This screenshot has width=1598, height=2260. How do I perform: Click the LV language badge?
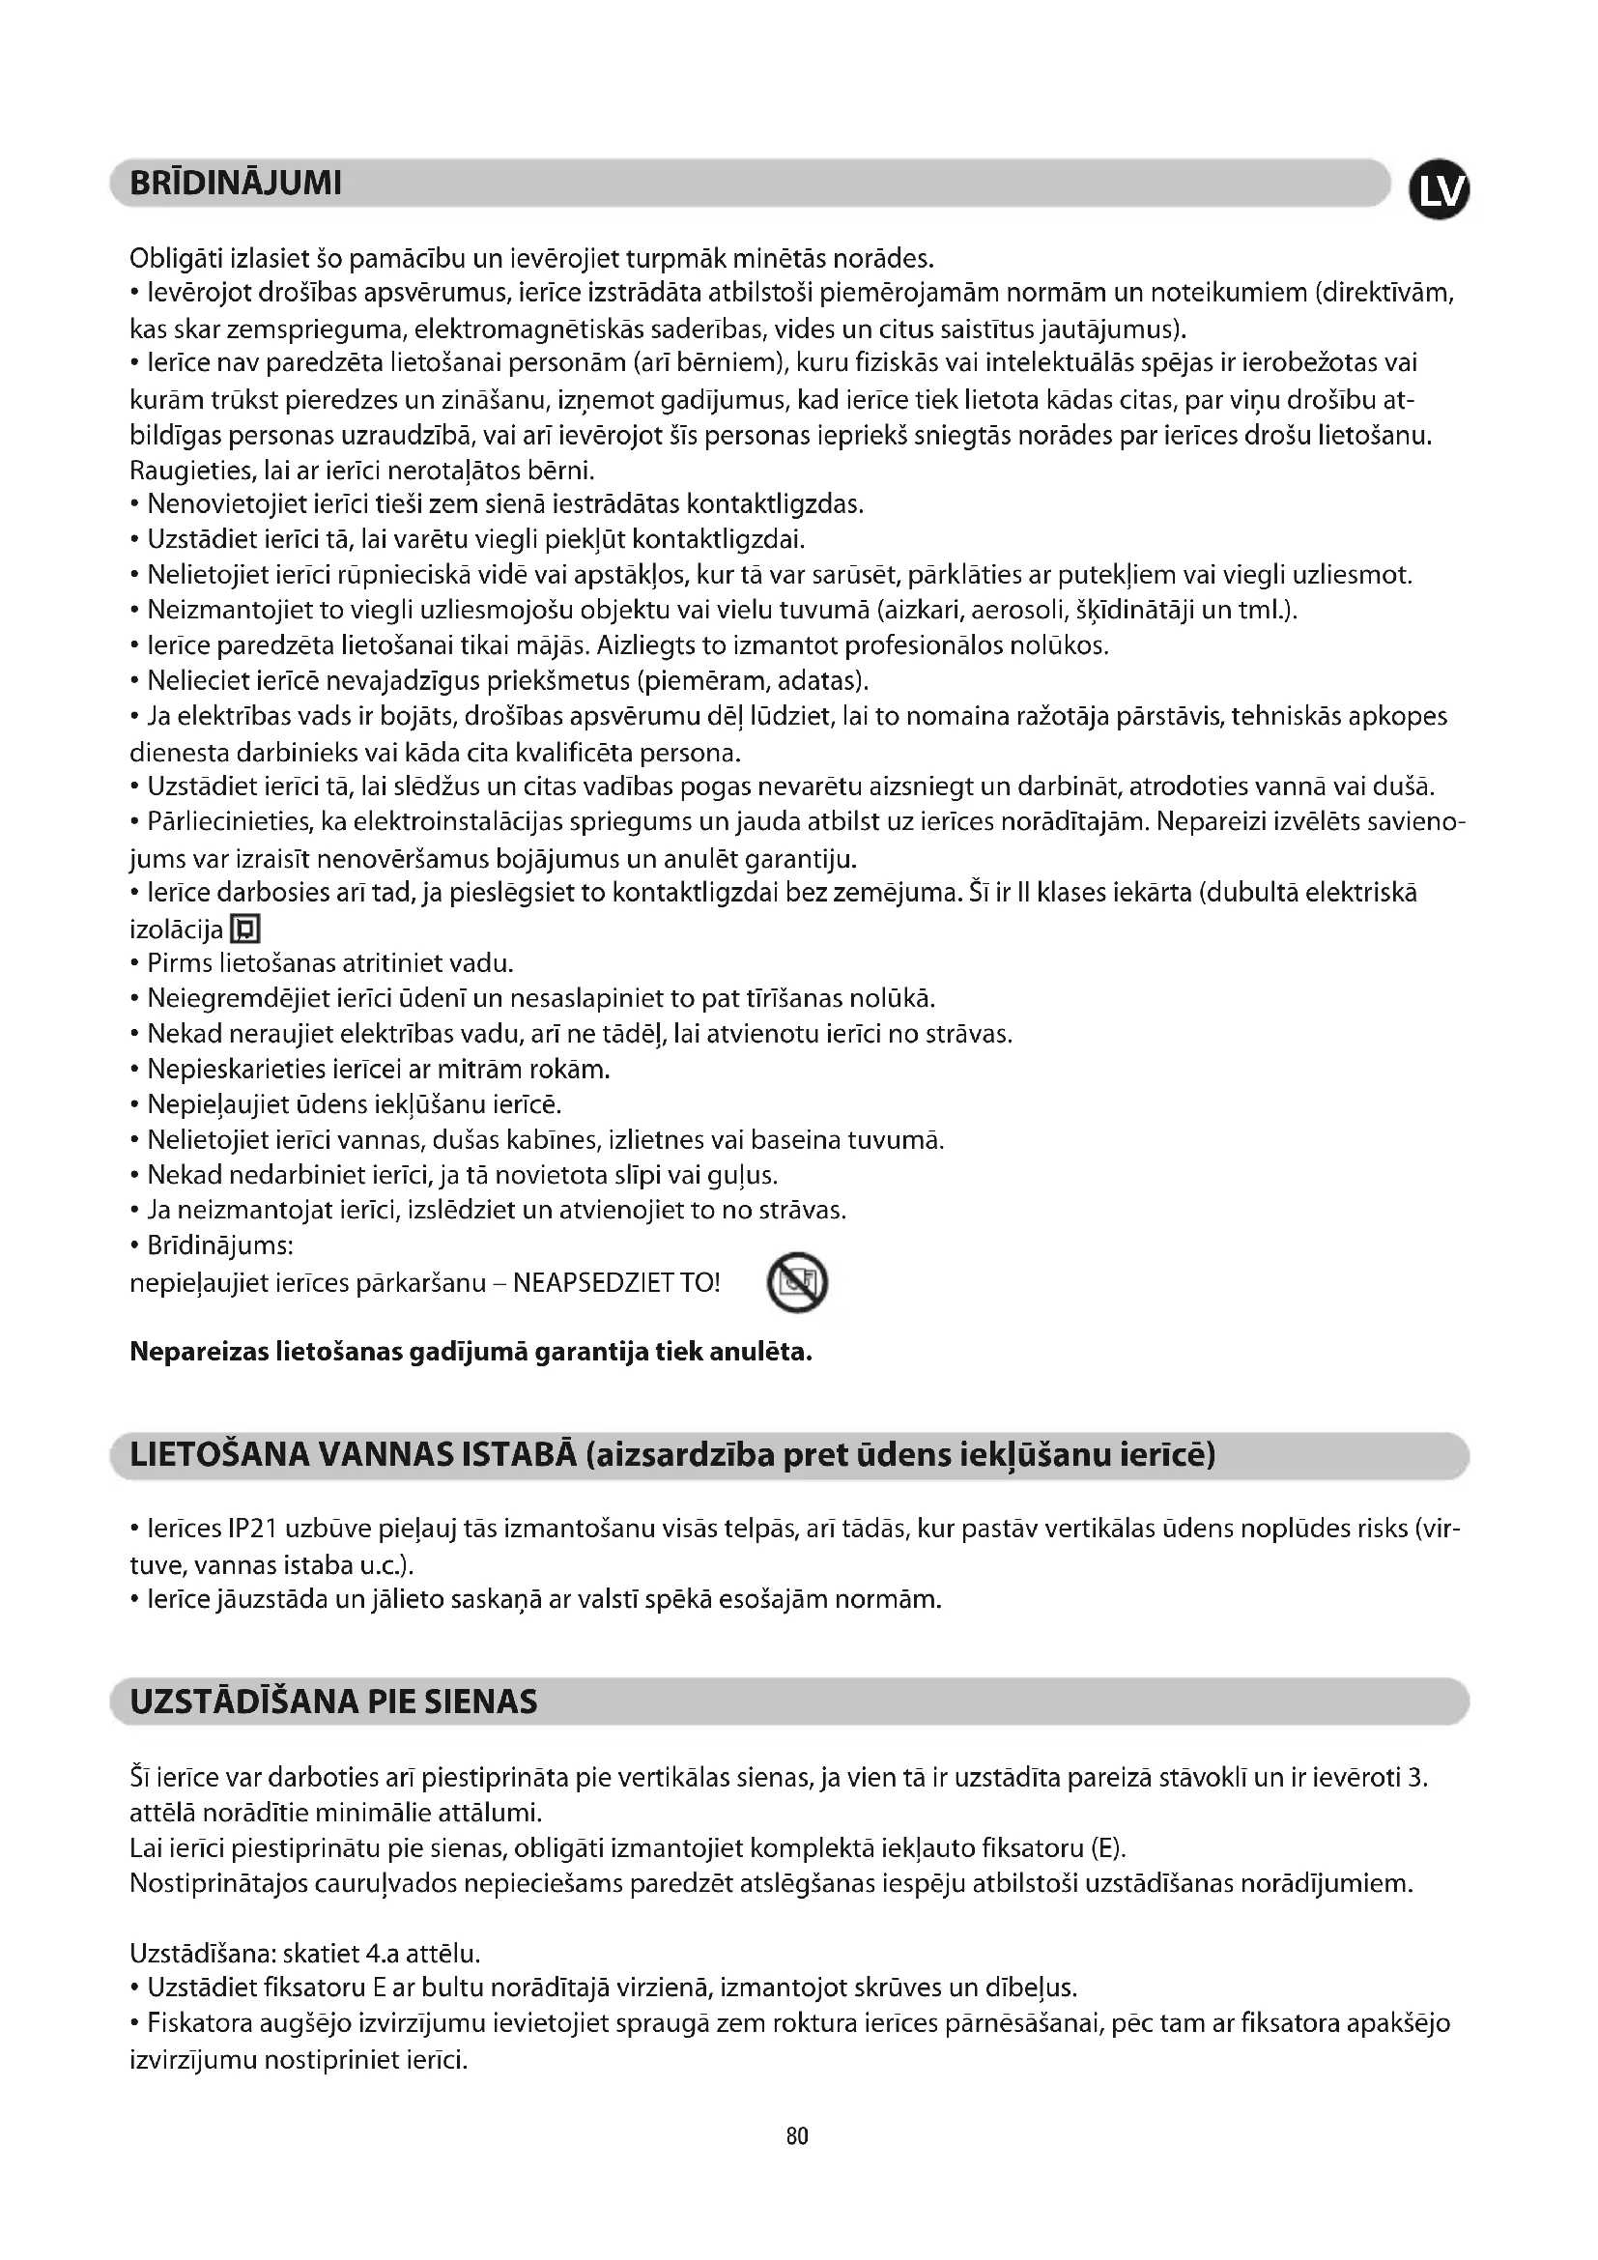1439,190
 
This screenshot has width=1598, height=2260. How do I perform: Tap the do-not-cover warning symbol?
797,1282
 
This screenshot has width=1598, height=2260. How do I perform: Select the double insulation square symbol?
245,929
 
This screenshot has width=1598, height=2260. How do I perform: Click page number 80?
797,2136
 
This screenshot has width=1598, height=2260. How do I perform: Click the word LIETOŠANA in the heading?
215,1455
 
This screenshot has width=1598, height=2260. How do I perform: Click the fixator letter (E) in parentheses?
1107,1847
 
